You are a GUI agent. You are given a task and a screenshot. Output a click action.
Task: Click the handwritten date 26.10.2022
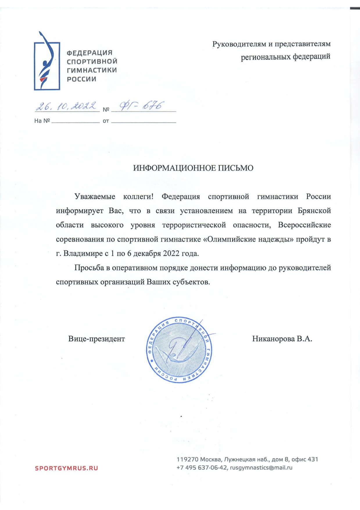pos(66,106)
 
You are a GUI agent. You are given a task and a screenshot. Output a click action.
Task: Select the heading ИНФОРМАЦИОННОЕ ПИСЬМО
pos(193,168)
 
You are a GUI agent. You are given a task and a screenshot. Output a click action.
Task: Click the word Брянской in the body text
pos(314,211)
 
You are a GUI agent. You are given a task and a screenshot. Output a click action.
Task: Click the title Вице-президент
pos(96,339)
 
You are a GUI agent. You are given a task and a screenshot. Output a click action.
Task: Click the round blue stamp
pos(179,349)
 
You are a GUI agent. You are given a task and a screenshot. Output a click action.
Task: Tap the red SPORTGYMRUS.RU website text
pos(66,468)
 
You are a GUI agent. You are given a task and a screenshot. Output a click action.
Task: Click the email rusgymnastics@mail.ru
pos(261,468)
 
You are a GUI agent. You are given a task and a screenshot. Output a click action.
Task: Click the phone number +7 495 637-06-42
pos(202,468)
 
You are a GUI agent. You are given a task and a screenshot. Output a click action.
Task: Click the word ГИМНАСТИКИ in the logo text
pos(92,70)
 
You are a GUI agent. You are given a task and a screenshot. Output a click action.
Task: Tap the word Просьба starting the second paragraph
pos(89,268)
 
